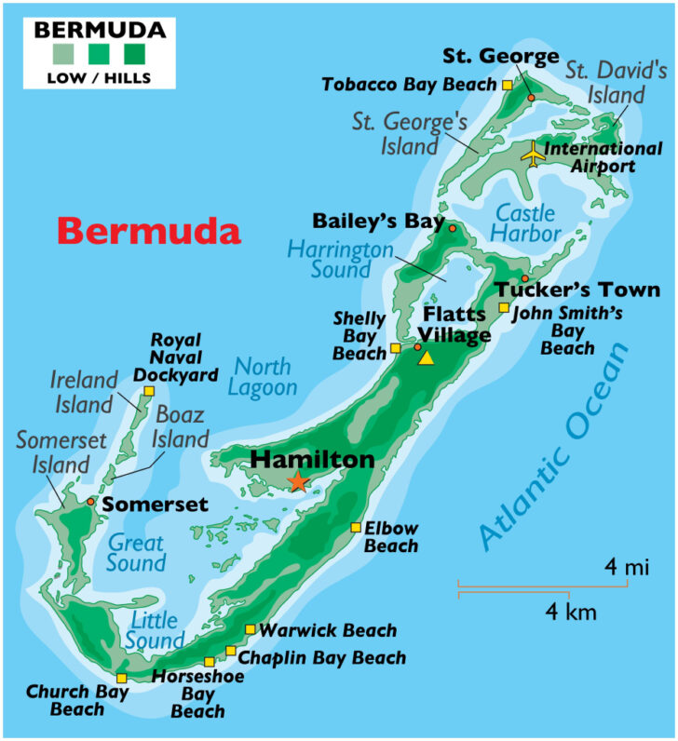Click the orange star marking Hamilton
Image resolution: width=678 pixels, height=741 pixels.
tap(297, 481)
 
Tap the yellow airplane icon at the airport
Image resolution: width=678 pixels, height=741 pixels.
tap(532, 154)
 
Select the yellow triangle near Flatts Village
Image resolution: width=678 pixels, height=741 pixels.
tap(427, 357)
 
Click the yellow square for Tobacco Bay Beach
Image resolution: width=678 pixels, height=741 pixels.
tap(507, 85)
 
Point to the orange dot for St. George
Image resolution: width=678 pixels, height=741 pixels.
tap(531, 97)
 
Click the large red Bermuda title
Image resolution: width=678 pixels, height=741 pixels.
tap(149, 231)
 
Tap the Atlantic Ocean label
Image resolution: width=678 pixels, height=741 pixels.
tap(555, 445)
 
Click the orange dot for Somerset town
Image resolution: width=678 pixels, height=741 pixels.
tap(90, 502)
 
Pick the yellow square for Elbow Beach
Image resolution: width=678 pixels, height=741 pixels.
tap(355, 528)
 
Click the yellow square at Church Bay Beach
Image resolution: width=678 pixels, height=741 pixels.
tap(122, 678)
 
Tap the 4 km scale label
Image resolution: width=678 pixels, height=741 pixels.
tap(570, 612)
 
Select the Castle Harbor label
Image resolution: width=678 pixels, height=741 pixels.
tap(527, 222)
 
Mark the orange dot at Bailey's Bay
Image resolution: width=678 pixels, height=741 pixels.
tap(453, 228)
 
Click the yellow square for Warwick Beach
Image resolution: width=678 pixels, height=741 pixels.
tap(250, 630)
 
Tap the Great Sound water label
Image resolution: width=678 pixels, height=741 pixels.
tap(136, 552)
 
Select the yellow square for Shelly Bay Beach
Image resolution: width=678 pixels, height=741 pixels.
tap(395, 348)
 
